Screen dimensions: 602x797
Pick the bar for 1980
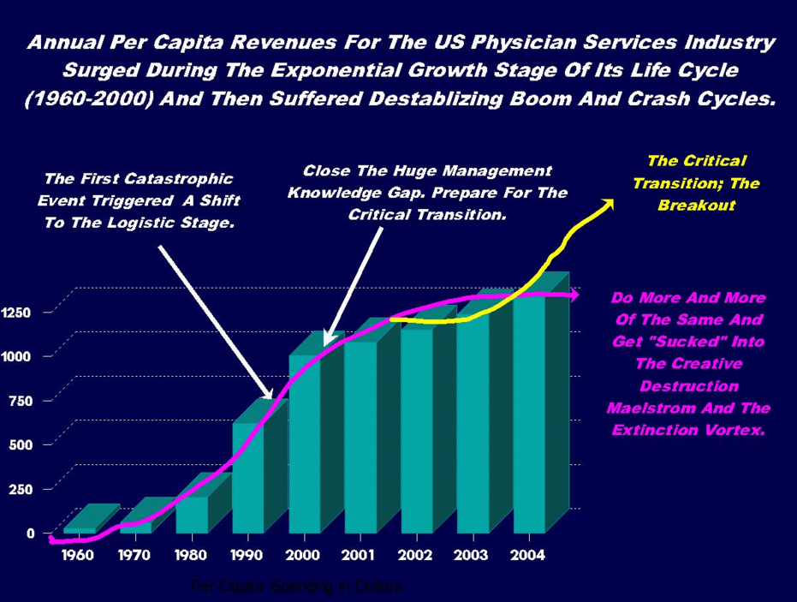coord(191,515)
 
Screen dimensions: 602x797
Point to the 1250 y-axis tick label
coord(20,313)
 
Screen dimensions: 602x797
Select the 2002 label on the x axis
coord(415,555)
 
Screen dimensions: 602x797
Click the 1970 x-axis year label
coord(134,555)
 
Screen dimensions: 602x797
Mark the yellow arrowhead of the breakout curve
coord(608,202)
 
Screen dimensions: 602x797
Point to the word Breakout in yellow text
coord(696,206)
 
